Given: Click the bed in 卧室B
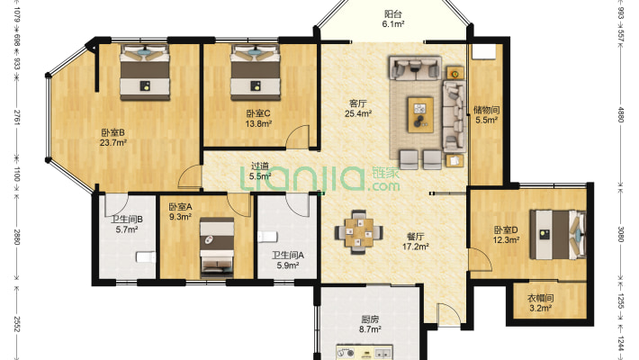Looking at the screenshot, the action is [145, 72].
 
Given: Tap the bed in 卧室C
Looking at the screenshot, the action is [256, 72].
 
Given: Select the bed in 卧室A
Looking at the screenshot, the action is [217, 247].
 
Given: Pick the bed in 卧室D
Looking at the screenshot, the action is [558, 234].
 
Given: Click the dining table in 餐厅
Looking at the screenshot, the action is [358, 232].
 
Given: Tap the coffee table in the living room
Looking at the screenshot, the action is [420, 114].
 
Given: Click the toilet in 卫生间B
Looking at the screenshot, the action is [146, 257].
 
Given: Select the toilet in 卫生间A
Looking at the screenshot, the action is [267, 237].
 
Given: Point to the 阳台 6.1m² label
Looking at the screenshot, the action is [393, 19].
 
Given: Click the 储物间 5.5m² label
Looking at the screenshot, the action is [486, 114].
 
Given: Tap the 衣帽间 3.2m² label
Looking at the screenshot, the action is [540, 303].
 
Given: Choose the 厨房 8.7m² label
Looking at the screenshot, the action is [370, 324].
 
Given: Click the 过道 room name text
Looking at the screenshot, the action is [260, 166].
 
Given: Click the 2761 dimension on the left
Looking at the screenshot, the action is [17, 117].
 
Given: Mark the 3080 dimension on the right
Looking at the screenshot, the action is [621, 234].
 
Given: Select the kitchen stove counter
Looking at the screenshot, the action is [364, 352].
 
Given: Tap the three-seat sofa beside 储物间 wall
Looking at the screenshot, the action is [454, 116].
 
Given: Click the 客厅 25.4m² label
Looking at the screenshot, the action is [358, 108].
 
